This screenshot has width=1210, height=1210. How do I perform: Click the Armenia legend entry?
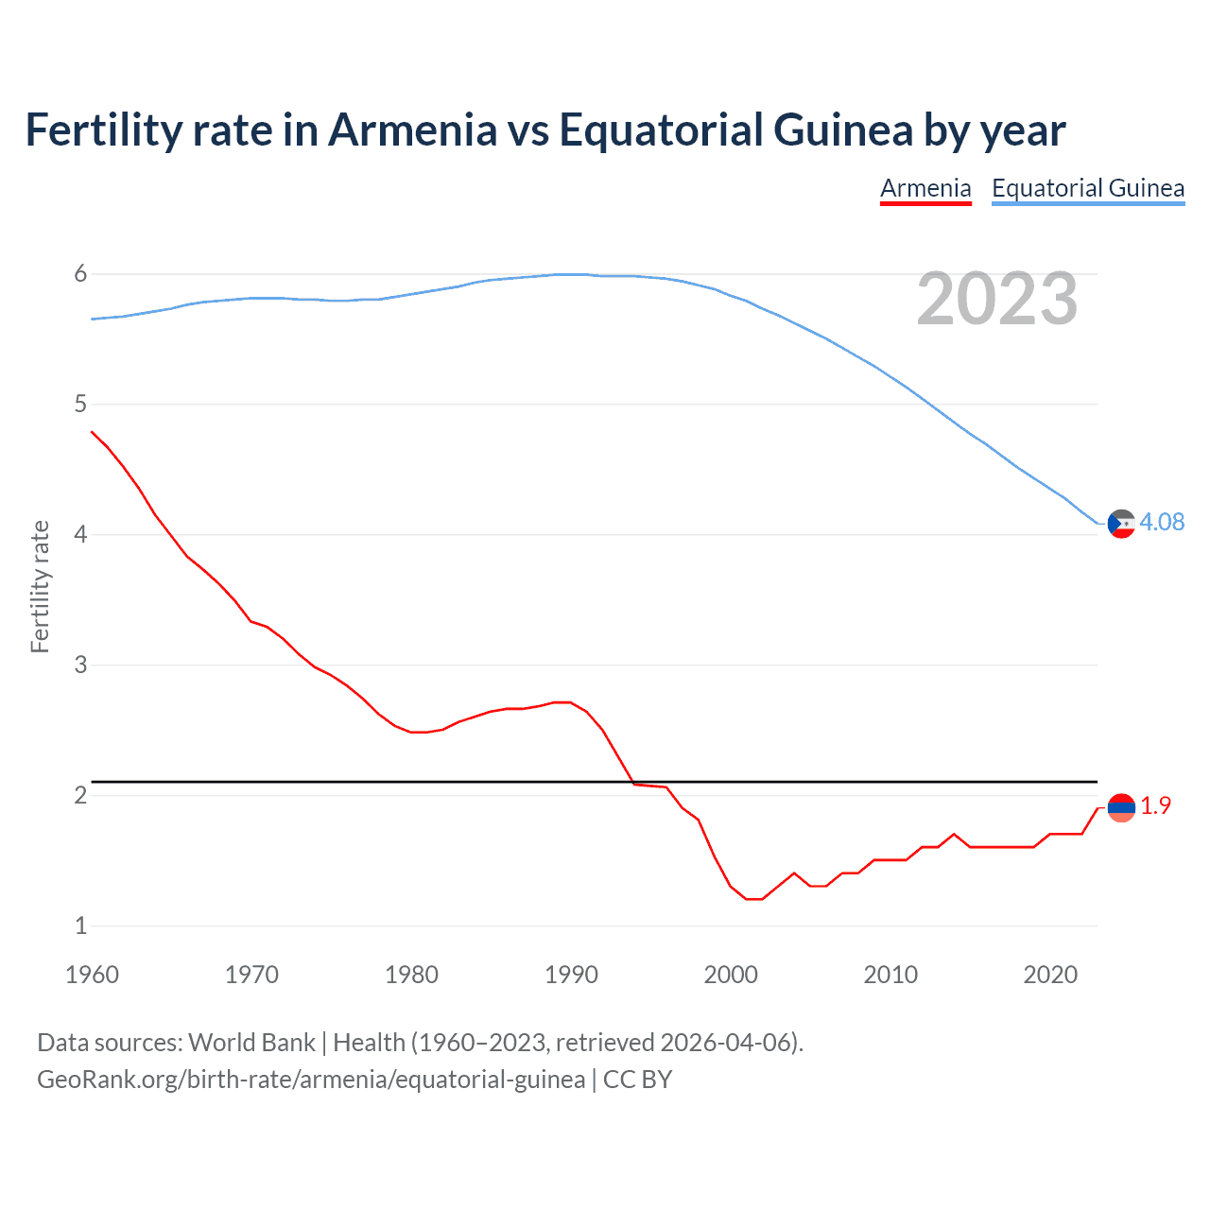click(x=925, y=188)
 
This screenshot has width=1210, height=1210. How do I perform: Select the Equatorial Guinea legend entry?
click(x=1088, y=188)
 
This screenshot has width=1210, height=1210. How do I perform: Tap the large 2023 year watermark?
click(x=997, y=300)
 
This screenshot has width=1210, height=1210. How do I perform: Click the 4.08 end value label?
click(x=1162, y=522)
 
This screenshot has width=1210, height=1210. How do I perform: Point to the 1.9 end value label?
click(x=1155, y=805)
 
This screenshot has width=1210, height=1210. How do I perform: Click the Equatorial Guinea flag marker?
click(x=1121, y=524)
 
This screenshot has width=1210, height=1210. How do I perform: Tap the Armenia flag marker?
click(x=1121, y=807)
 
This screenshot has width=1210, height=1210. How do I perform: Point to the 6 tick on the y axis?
click(x=80, y=274)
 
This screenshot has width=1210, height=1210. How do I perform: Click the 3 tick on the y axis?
click(x=80, y=665)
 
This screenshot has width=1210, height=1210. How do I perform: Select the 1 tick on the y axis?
click(x=80, y=926)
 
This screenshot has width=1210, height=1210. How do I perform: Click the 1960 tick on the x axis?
click(x=92, y=975)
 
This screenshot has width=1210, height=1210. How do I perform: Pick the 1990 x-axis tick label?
click(x=571, y=975)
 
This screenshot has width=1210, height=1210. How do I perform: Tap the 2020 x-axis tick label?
click(x=1050, y=975)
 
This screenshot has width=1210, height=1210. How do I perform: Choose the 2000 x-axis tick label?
click(x=731, y=975)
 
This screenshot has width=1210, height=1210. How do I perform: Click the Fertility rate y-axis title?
click(x=40, y=586)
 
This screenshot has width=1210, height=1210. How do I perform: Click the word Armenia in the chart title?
click(x=412, y=130)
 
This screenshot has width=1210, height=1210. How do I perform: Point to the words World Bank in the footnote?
click(x=251, y=1043)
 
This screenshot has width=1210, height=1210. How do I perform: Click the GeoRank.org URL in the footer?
click(x=311, y=1080)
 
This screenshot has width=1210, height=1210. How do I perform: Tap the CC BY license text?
click(x=638, y=1080)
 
